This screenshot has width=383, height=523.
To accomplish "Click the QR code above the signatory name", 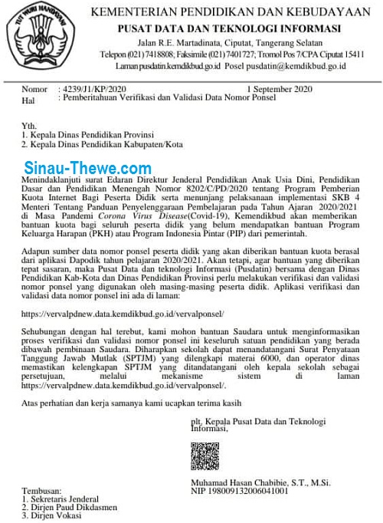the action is [205, 456].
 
